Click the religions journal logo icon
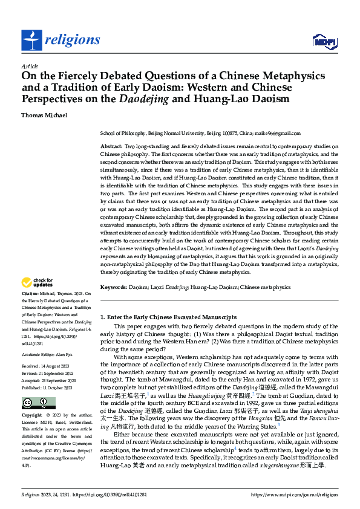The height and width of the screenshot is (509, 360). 31,40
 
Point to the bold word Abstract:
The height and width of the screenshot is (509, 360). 111,147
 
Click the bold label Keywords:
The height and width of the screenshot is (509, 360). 114,287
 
